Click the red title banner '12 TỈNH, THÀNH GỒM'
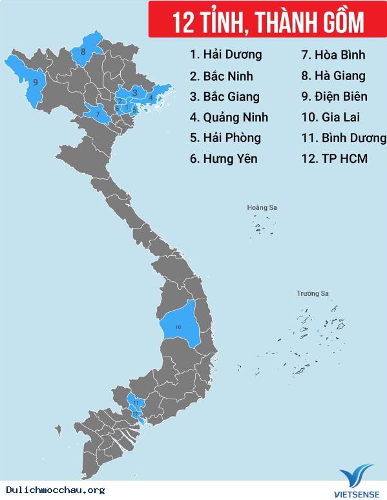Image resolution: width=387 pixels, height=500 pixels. point(266,21)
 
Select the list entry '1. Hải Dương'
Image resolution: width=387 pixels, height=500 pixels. point(225,55)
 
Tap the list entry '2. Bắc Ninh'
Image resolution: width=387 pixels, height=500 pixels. point(221,76)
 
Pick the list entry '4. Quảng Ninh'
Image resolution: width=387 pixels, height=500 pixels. point(229,117)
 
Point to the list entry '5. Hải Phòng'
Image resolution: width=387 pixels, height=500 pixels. point(225,138)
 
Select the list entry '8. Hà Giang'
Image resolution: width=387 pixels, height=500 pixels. point(333,76)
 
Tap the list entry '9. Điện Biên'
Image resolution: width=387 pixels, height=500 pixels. point(335,96)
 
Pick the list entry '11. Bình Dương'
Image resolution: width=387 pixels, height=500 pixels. point(344,138)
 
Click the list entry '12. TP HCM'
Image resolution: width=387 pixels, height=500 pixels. point(335,158)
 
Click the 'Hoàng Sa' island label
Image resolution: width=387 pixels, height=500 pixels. point(262,208)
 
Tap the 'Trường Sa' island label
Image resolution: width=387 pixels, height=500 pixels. point(313,294)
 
